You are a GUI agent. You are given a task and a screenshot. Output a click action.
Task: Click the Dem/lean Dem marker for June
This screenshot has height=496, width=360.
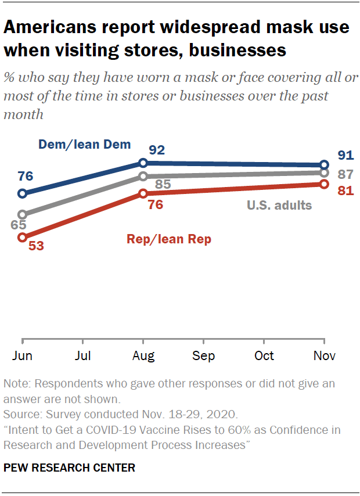pos(23,193)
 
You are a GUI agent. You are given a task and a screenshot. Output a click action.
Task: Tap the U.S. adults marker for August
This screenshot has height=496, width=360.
pos(143,177)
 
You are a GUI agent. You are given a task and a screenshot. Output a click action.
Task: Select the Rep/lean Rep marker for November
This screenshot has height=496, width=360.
pos(324,184)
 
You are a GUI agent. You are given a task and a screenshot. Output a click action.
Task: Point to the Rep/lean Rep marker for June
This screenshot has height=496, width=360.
pos(23,237)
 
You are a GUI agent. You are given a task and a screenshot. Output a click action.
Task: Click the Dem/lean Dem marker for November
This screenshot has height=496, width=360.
pos(324,165)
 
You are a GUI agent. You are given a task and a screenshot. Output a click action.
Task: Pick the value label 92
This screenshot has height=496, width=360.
pos(157,150)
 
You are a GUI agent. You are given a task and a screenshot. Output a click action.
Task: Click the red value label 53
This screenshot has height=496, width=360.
pos(36,245)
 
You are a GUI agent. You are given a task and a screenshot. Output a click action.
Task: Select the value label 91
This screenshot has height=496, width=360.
pos(345,155)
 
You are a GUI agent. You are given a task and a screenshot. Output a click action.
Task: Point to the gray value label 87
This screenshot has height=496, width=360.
pos(345,174)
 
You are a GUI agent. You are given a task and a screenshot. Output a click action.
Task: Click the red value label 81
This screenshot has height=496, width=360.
pos(345,191)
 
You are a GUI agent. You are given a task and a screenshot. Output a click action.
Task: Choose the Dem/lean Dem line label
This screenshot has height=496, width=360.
pos(84,145)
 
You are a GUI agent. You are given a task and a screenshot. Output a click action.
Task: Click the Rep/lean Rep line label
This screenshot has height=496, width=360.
pos(168,239)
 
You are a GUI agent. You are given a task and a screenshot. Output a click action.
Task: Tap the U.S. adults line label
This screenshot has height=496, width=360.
pos(279,204)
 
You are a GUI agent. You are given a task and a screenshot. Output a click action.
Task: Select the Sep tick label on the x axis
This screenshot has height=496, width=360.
pos(203,355)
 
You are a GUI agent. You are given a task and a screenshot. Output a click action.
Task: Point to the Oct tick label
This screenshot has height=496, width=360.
pos(264,355)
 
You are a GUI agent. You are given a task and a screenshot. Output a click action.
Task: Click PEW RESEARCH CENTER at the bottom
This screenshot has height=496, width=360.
pos(69,468)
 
